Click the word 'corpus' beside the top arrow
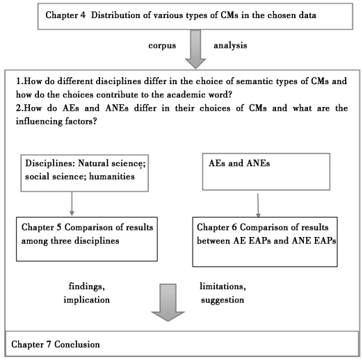[x=162, y=46]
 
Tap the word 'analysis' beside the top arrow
[x=230, y=45]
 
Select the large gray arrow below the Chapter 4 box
[x=195, y=49]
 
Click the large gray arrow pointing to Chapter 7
[x=168, y=302]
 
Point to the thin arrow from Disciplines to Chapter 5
[x=72, y=204]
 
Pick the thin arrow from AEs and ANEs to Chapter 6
[x=258, y=205]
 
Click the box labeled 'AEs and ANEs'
[x=266, y=172]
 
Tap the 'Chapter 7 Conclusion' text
[x=56, y=345]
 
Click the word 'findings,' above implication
[x=87, y=286]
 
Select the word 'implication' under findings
[x=87, y=300]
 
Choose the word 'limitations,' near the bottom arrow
[x=223, y=286]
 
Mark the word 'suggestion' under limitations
[x=223, y=300]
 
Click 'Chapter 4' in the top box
[x=65, y=15]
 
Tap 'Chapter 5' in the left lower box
[x=41, y=227]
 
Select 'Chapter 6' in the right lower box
[x=217, y=227]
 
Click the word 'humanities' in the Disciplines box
[x=112, y=177]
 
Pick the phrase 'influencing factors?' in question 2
[x=56, y=122]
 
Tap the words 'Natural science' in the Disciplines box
[x=111, y=163]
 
